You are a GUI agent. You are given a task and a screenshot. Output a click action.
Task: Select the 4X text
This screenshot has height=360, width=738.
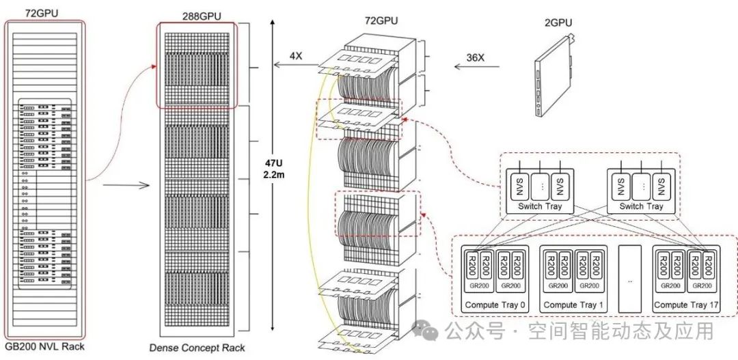[x=296, y=55]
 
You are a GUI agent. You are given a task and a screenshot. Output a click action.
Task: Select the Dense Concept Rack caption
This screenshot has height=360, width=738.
[x=197, y=348]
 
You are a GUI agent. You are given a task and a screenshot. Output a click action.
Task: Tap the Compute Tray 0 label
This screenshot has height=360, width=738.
[x=495, y=304]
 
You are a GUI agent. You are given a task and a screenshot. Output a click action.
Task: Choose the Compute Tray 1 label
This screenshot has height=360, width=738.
[x=573, y=304]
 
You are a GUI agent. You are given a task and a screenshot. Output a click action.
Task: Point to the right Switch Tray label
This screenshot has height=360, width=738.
[x=640, y=206]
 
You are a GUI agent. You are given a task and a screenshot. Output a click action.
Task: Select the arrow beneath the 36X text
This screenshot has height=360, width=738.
[x=476, y=67]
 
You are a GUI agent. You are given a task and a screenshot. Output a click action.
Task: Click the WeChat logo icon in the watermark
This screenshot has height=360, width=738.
[x=433, y=332]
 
